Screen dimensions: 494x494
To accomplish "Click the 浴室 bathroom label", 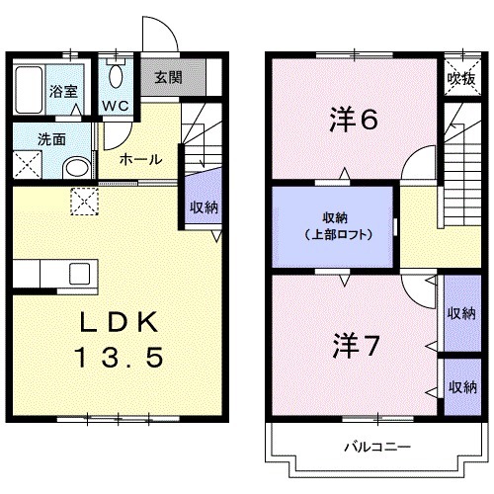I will pos(66,88).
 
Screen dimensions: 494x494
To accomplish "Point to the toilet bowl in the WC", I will pos(118,75).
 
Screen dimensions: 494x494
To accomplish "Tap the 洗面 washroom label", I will pos(39,139).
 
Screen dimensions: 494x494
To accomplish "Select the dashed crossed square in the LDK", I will pos(85,202).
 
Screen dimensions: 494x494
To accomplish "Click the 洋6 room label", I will pos(353,120).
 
